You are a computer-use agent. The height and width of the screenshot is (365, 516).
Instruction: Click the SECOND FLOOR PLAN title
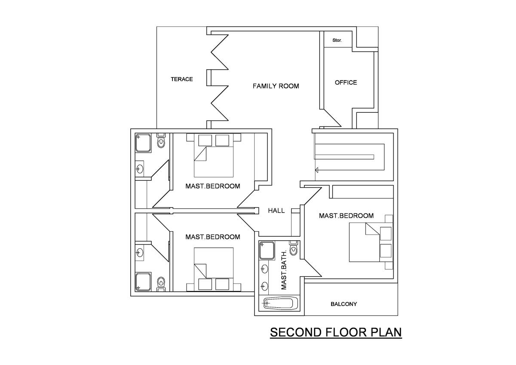pos(335,332)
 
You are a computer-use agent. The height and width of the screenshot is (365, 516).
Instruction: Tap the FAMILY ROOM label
pos(276,86)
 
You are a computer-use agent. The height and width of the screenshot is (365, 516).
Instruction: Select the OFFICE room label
pos(346,82)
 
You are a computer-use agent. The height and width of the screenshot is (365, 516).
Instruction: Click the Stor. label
pos(337,40)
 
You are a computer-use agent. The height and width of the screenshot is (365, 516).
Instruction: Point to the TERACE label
pos(181,79)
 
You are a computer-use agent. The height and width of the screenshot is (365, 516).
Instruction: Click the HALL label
pos(276,210)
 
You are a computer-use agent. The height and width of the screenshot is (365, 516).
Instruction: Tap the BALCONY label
pos(344,304)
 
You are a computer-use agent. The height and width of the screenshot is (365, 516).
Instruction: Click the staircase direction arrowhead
pos(316,170)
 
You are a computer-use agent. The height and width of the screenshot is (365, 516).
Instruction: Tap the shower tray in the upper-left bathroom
pos(143,143)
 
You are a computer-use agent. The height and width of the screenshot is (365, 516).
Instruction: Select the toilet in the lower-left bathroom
pos(161,282)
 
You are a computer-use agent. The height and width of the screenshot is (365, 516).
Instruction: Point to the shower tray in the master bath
pos(267,251)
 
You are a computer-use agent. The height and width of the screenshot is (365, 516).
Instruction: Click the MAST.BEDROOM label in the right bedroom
pos(346,216)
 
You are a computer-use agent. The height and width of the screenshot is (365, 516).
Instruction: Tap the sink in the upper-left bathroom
pos(140,169)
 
